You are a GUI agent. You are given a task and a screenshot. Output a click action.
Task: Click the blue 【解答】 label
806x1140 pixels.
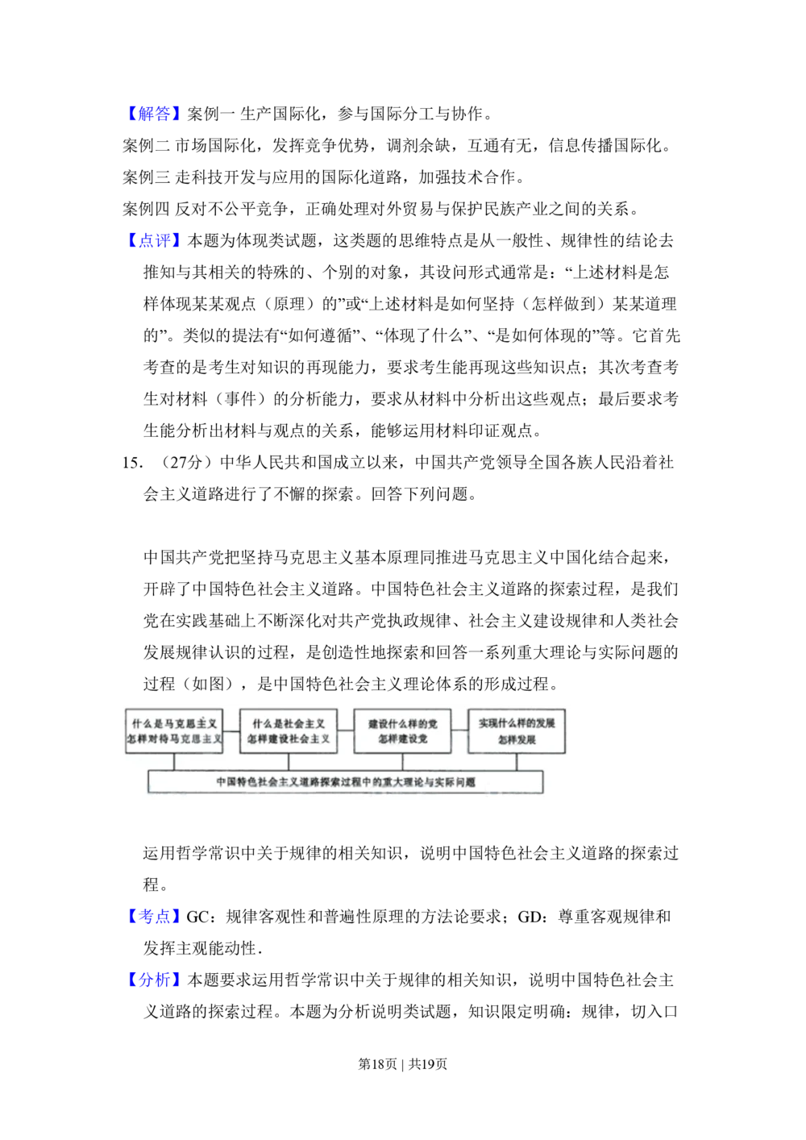[x=154, y=113]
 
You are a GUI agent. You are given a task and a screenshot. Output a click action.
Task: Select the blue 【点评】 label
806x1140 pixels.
[x=154, y=240]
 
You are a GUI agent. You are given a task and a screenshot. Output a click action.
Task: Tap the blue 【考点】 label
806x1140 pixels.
[x=154, y=916]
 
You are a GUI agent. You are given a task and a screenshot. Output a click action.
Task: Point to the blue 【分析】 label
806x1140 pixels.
[x=154, y=979]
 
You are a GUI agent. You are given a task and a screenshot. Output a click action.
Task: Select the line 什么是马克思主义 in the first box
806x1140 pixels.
[x=174, y=723]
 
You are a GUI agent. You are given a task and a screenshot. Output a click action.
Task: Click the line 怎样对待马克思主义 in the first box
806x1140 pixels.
[x=174, y=739]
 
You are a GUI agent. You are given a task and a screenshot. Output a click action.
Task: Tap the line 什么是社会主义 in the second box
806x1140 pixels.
[x=289, y=723]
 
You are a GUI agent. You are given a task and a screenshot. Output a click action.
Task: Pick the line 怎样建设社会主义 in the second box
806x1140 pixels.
[x=289, y=739]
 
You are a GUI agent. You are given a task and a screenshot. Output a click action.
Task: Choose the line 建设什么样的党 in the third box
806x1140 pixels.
[x=402, y=723]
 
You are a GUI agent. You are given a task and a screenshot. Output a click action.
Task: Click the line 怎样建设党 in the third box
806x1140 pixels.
[x=402, y=739]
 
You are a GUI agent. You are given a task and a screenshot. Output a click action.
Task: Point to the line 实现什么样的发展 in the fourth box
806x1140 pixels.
[x=517, y=723]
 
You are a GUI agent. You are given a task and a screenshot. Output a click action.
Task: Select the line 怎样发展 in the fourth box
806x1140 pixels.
[x=517, y=739]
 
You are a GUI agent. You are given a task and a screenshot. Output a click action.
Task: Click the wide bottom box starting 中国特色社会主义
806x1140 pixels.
[x=346, y=781]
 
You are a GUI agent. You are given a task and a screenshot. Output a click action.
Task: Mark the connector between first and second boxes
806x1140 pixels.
[x=231, y=730]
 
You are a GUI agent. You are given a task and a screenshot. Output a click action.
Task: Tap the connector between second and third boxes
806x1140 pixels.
[x=346, y=730]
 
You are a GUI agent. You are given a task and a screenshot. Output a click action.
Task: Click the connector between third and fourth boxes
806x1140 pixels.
[x=459, y=730]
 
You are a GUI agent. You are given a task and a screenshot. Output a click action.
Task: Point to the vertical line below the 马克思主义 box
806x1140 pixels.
[x=174, y=762]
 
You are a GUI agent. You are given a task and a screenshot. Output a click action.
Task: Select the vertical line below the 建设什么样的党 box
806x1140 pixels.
[x=402, y=762]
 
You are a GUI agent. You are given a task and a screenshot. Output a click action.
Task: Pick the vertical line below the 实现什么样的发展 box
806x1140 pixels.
[x=517, y=762]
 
